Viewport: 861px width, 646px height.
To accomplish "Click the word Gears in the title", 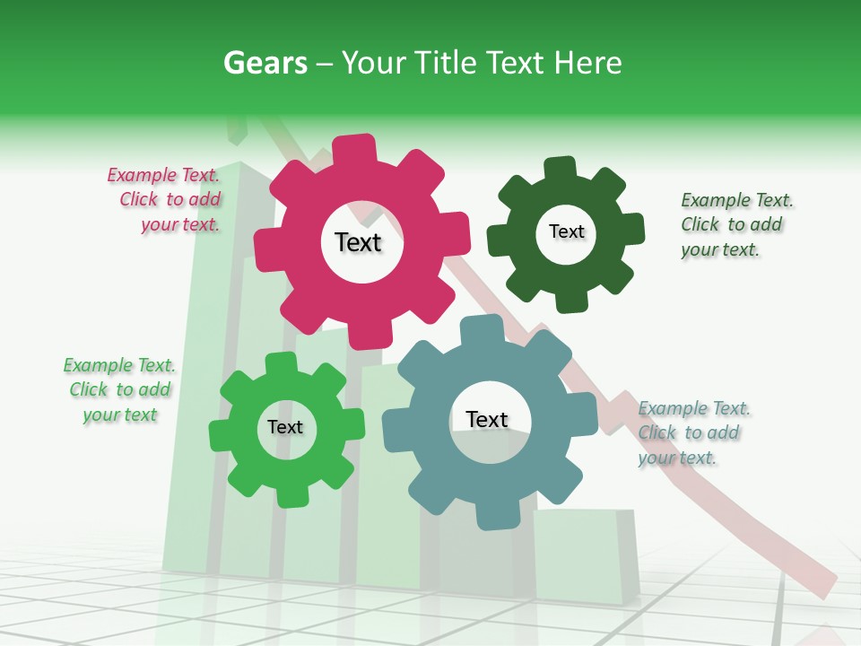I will (265, 63).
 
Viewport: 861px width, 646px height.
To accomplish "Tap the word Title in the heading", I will (448, 63).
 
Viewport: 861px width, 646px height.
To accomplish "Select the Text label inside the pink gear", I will (358, 242).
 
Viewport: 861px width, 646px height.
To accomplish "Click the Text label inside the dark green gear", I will (566, 231).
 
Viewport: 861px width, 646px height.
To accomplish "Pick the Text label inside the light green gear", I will (285, 427).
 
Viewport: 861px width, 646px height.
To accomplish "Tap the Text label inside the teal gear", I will (487, 419).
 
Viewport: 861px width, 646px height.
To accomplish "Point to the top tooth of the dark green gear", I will (560, 168).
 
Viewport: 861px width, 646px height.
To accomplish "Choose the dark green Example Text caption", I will (734, 224).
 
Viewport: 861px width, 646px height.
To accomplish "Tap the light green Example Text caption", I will (119, 389).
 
